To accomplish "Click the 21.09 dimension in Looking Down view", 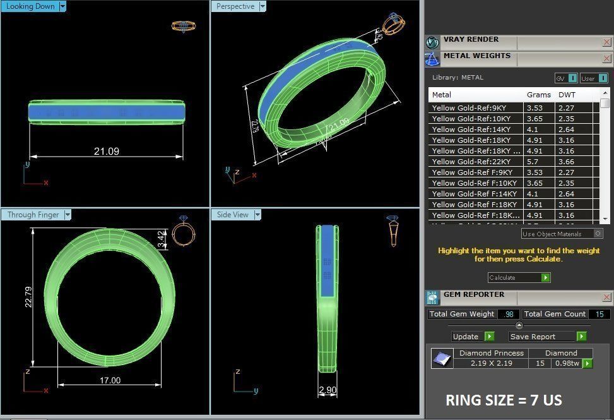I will (x=106, y=151).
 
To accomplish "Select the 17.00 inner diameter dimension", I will (x=110, y=380).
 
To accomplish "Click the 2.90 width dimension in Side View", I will (x=328, y=390).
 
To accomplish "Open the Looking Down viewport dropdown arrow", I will (x=62, y=6).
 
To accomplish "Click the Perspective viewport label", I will (x=235, y=6).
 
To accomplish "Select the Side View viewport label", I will (x=233, y=215).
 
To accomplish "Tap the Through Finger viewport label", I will (x=32, y=215).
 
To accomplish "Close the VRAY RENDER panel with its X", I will (x=606, y=42).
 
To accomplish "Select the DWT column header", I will (x=567, y=95).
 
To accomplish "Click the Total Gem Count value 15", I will (x=599, y=314).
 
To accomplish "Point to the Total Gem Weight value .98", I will (x=509, y=314).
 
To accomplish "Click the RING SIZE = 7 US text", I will (x=504, y=400).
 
